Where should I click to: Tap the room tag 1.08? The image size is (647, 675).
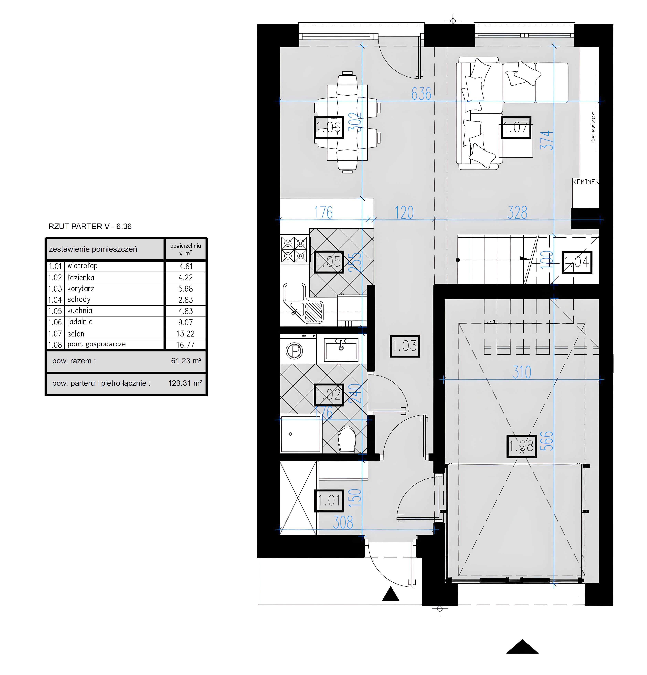521,446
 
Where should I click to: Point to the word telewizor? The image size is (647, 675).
593,127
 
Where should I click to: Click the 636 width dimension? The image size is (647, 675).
421,94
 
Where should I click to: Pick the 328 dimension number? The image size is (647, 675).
517,213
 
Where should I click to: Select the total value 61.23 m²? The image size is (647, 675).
186,361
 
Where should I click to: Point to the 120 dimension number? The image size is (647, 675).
404,213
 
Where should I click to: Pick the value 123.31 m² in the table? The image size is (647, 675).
185,383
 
